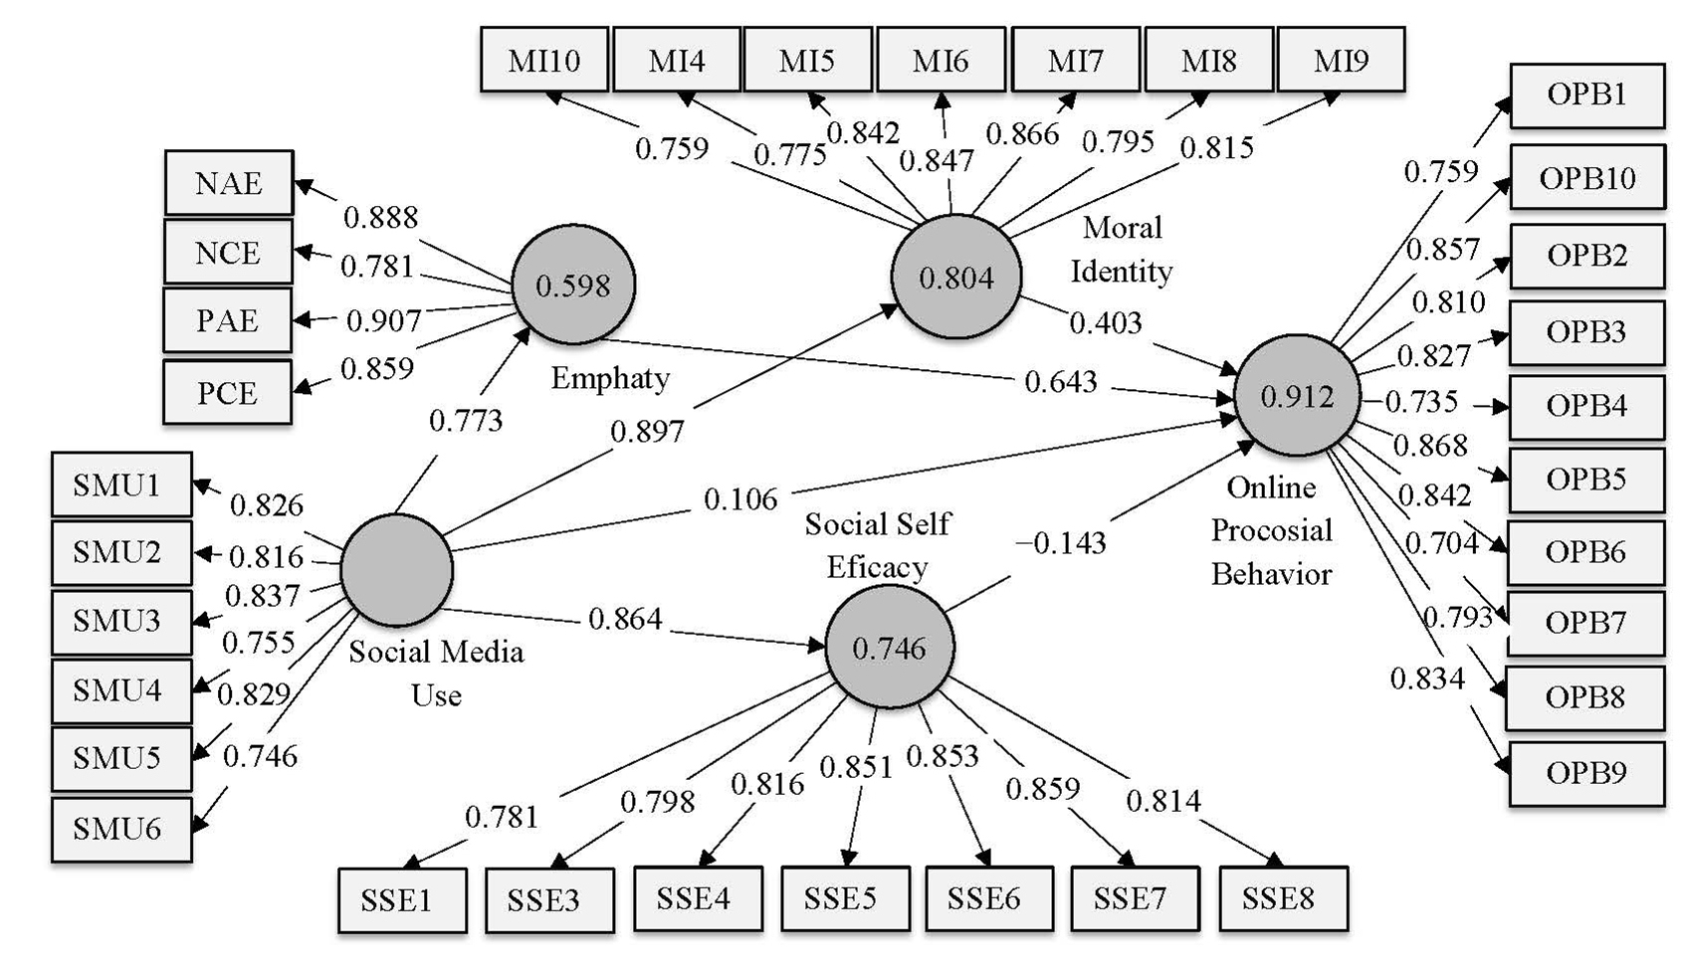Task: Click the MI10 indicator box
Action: (543, 61)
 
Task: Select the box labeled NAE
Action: (228, 183)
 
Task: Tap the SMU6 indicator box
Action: (120, 829)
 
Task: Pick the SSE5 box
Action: (844, 899)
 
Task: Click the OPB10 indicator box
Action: (1586, 178)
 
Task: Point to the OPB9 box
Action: (1586, 773)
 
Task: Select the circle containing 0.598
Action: (573, 286)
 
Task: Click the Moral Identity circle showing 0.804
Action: (955, 278)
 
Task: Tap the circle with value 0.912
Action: (1296, 397)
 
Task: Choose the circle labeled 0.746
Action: (889, 649)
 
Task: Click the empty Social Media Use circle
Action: (396, 570)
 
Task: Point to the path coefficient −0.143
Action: (1061, 543)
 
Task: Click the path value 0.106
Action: (740, 499)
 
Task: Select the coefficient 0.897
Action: (647, 432)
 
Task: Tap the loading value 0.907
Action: (383, 321)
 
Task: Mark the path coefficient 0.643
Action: (1061, 382)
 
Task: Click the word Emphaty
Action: (610, 378)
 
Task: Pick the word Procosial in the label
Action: (1271, 530)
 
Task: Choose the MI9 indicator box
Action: (1341, 61)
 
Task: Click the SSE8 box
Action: (1282, 899)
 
